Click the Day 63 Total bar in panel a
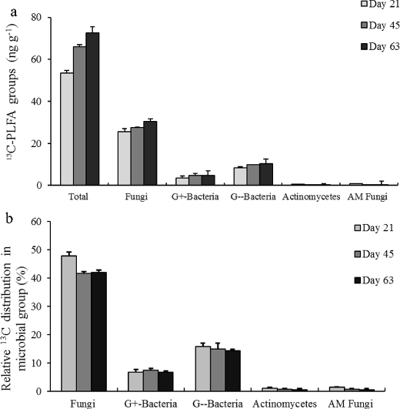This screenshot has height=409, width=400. [92, 109]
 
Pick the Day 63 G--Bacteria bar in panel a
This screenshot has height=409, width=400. [267, 174]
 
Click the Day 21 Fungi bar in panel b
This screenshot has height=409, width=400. [69, 324]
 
